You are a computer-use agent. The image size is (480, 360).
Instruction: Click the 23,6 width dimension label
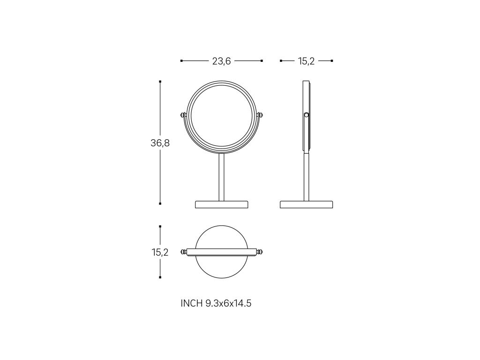221,61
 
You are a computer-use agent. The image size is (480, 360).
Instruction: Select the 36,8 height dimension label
160,143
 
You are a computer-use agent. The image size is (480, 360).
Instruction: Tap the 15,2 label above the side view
306,61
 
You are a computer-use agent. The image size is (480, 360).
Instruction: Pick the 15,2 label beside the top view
160,252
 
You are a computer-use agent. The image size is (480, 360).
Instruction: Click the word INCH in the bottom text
192,303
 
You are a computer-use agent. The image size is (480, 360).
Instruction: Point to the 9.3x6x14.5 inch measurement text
228,303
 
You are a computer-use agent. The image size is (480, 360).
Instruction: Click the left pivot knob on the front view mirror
183,115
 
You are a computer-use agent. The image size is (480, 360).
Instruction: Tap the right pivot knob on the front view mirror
260,115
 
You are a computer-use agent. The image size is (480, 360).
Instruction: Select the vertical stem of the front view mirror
222,177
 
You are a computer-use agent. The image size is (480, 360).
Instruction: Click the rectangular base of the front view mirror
222,204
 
